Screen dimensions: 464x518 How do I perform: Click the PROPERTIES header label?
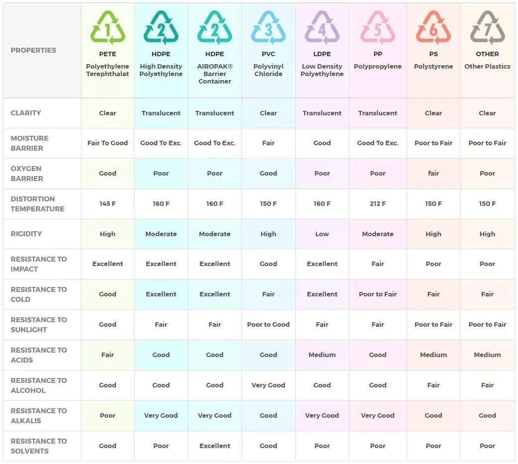[x=33, y=50]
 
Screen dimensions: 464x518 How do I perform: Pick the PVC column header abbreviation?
[x=268, y=54]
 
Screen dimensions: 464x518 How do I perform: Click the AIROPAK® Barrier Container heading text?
[x=215, y=74]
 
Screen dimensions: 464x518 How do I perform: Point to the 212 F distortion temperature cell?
[x=378, y=203]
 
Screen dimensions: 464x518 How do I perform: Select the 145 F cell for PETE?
[x=107, y=203]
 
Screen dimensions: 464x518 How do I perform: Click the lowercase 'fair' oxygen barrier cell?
[x=433, y=174]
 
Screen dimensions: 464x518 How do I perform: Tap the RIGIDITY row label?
[x=26, y=234]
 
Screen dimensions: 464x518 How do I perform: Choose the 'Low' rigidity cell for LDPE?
[x=322, y=234]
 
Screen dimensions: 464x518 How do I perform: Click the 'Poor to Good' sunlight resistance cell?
[x=268, y=325]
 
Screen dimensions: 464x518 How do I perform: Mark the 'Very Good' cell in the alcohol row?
[x=268, y=385]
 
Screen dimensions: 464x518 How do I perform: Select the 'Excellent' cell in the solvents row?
[x=215, y=446]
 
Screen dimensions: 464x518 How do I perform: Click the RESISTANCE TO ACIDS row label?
[x=39, y=355]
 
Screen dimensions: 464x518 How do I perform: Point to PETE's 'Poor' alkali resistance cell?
[x=107, y=415]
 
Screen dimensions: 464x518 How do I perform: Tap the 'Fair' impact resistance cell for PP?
[x=378, y=264]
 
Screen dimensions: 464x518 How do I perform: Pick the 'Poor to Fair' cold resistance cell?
[x=378, y=294]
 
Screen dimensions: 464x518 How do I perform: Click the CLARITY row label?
[x=26, y=113]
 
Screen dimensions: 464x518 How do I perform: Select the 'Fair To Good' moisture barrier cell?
[x=107, y=143]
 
